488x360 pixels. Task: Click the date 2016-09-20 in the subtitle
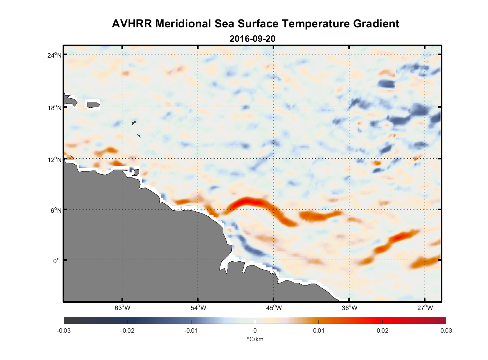252,39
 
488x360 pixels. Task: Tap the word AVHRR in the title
132,24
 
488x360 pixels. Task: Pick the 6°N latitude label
56,210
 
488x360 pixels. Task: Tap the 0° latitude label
57,261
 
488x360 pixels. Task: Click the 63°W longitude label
122,308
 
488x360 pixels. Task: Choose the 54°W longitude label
198,308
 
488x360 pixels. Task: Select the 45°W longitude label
274,308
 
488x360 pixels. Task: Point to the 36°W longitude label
349,308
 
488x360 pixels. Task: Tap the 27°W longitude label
425,308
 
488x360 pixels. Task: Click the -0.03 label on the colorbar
64,330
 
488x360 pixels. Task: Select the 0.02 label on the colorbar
383,330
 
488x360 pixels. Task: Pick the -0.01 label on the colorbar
191,330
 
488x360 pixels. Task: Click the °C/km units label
255,339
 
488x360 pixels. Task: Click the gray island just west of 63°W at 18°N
93,105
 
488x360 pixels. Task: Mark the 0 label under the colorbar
255,330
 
